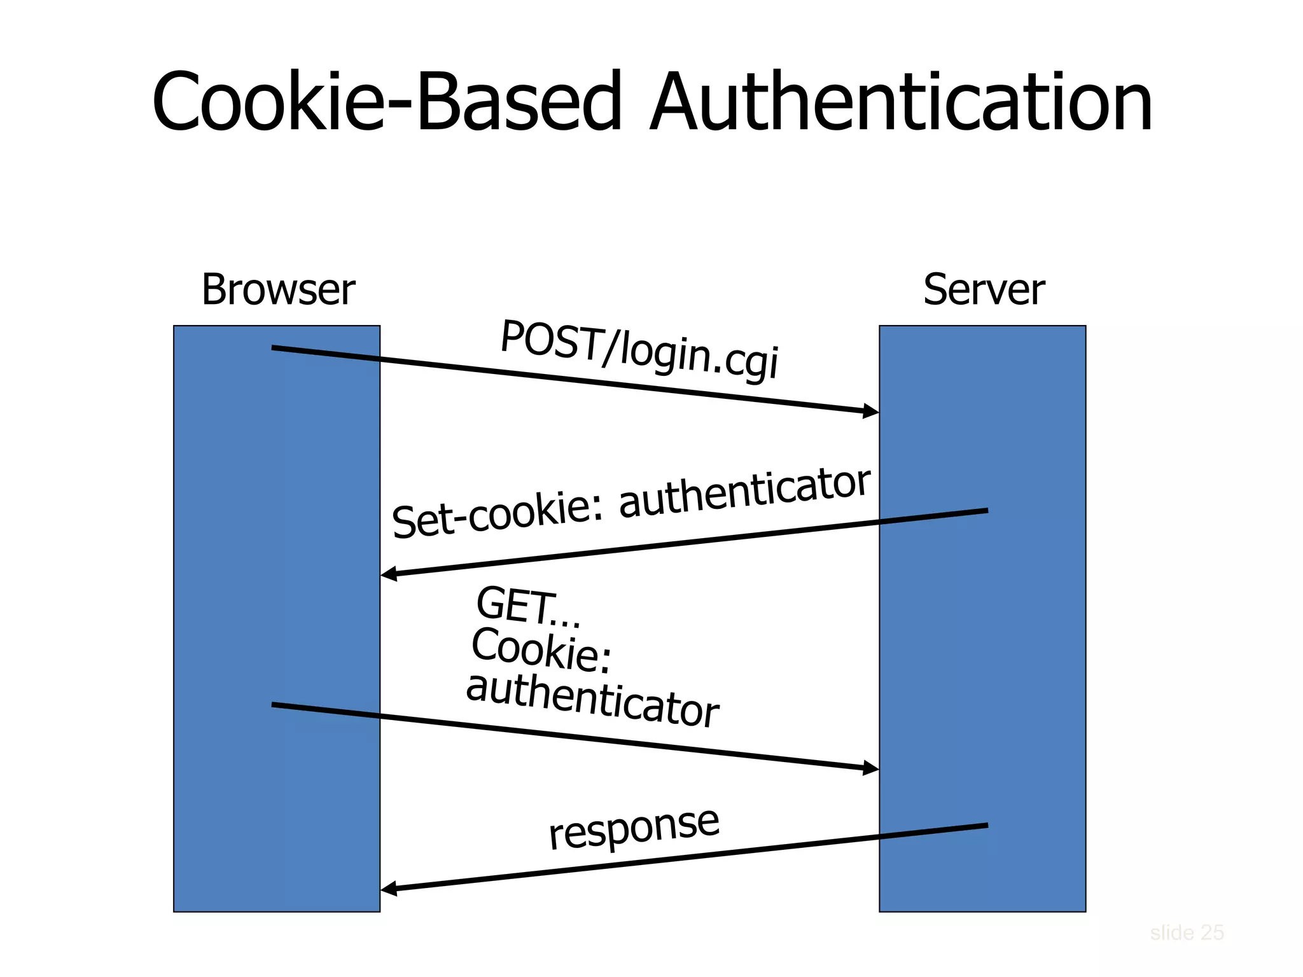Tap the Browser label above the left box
coord(278,290)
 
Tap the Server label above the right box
coord(984,290)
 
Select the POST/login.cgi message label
coord(639,349)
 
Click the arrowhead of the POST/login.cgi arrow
coord(871,412)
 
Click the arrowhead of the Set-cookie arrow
coord(389,574)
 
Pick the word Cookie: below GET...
coord(541,650)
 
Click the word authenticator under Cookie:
coord(592,700)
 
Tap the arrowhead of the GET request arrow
coord(871,768)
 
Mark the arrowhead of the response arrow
coord(389,889)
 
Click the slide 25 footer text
coord(1187,932)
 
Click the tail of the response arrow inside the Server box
coord(985,826)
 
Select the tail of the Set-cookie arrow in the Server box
coord(985,511)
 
